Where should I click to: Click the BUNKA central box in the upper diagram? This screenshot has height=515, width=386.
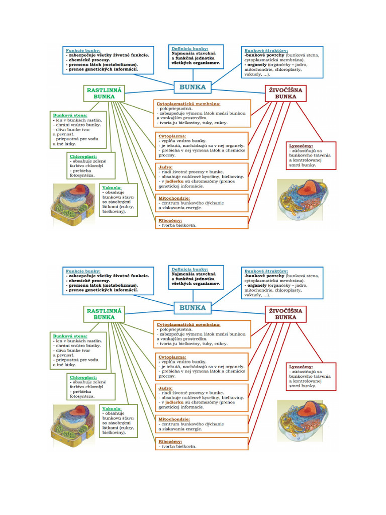tap(192, 87)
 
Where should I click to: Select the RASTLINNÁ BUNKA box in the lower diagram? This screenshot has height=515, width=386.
tap(104, 314)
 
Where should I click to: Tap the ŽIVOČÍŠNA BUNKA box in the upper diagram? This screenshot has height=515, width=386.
tap(285, 93)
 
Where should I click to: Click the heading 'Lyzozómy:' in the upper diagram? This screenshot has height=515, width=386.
tap(301, 145)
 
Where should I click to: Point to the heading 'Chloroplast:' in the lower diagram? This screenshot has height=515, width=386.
tap(83, 377)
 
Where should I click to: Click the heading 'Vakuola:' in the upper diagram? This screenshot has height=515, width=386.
tap(112, 187)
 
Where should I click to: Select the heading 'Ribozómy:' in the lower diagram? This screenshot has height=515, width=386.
tap(170, 441)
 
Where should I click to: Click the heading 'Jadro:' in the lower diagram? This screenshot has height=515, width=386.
tap(165, 388)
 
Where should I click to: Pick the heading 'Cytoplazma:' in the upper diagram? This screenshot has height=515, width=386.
tap(172, 136)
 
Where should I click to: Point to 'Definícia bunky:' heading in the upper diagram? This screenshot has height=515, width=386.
tap(189, 48)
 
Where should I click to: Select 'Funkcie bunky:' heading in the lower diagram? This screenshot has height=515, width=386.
tap(83, 271)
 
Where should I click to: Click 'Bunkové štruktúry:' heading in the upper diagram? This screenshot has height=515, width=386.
tap(266, 50)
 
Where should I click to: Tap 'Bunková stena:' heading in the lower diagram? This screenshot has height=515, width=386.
tap(70, 335)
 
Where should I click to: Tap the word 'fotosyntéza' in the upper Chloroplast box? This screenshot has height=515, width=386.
tap(82, 175)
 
